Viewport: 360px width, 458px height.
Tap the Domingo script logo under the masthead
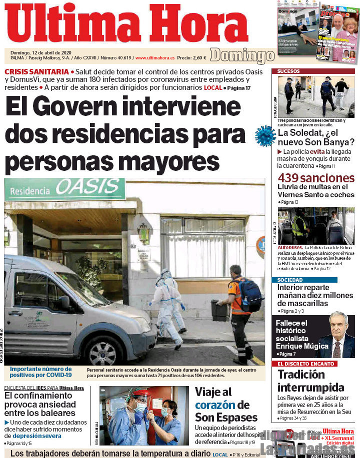pyautogui.click(x=241, y=55)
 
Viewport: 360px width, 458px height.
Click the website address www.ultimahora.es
pyautogui.click(x=154, y=57)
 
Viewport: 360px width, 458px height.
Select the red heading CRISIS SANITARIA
pyautogui.click(x=36, y=71)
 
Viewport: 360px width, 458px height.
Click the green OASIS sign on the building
pyautogui.click(x=90, y=187)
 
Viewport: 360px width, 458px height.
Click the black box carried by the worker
pyautogui.click(x=219, y=311)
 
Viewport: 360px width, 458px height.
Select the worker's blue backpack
pyautogui.click(x=250, y=295)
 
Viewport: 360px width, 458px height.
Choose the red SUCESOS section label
pyautogui.click(x=288, y=71)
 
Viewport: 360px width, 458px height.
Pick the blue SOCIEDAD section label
pyautogui.click(x=290, y=280)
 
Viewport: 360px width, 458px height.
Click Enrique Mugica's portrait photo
pyautogui.click(x=335, y=337)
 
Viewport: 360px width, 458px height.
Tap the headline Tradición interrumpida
pyautogui.click(x=310, y=381)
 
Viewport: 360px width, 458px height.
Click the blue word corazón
pyautogui.click(x=215, y=405)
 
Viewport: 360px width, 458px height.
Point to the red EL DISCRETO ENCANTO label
pyautogui.click(x=305, y=364)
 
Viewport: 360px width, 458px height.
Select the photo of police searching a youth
pyautogui.click(x=316, y=96)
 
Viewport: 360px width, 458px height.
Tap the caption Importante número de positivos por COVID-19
pyautogui.click(x=41, y=372)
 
